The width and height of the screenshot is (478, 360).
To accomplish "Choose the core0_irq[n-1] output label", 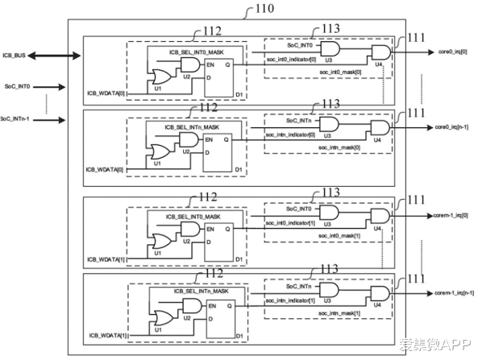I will [452, 127].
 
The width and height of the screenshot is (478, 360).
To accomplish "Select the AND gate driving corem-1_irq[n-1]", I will [379, 294].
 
